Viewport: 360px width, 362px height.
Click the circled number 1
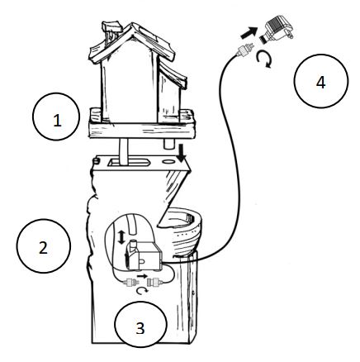(x=56, y=120)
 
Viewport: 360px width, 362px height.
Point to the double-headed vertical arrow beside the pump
(x=124, y=236)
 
